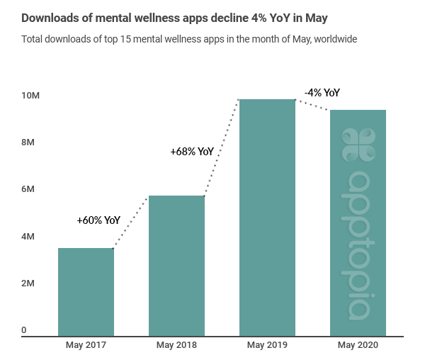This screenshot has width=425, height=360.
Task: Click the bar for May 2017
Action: tap(86, 291)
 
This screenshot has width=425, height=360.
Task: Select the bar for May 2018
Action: tap(176, 265)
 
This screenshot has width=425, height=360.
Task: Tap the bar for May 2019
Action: tap(267, 217)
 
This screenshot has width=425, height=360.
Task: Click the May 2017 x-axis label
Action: tap(86, 345)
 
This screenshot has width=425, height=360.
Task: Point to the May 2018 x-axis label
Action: tap(176, 345)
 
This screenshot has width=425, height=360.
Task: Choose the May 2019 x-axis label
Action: tap(267, 345)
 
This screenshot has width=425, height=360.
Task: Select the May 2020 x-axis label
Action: tap(358, 345)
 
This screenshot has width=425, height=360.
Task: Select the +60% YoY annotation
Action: tap(98, 220)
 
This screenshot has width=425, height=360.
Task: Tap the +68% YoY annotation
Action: tap(191, 151)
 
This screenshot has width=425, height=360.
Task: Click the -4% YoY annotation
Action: tap(322, 93)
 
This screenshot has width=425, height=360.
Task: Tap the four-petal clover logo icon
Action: tap(358, 145)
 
